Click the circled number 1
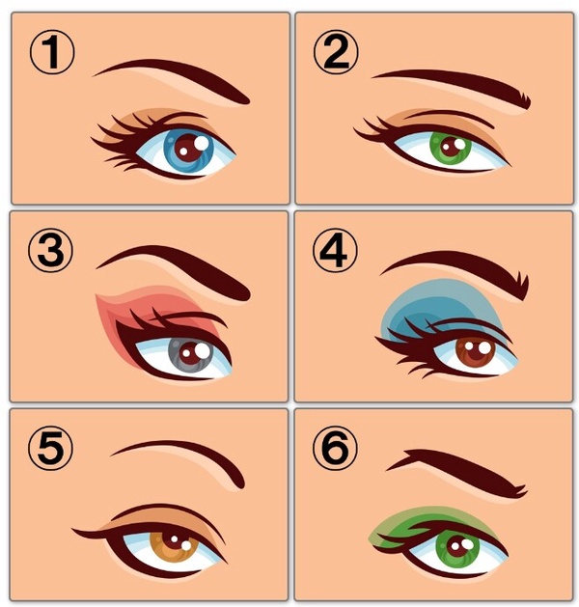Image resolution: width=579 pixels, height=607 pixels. (x=51, y=52)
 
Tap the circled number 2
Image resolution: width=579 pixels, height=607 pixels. (x=336, y=52)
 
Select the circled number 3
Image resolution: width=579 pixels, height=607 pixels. (x=50, y=250)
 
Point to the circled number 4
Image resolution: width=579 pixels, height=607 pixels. (x=335, y=251)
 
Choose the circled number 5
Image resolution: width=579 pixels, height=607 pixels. (x=50, y=449)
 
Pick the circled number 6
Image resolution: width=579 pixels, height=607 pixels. (x=335, y=449)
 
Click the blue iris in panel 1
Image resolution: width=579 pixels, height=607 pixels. (x=188, y=151)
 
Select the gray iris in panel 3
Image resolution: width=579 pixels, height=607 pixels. (x=190, y=353)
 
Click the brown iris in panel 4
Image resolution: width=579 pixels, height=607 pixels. (x=476, y=350)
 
